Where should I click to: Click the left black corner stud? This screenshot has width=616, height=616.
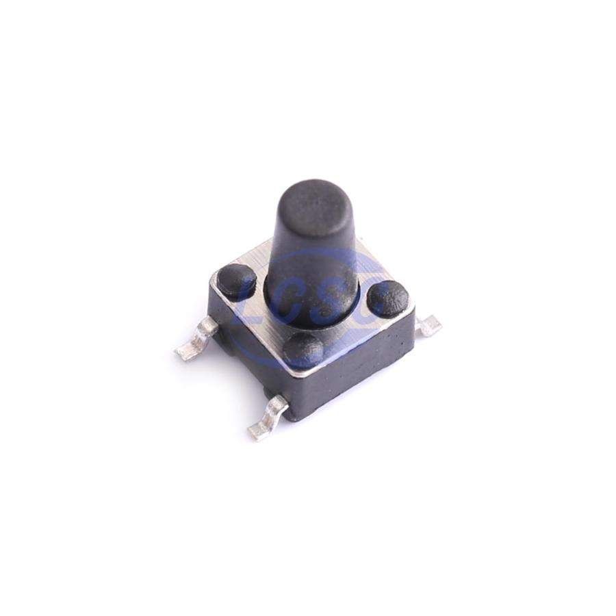tap(237, 279)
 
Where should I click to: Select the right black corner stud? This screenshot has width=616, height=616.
tap(388, 298)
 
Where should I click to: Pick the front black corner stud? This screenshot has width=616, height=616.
tap(304, 350)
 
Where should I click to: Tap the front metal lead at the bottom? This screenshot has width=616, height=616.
tap(268, 419)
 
